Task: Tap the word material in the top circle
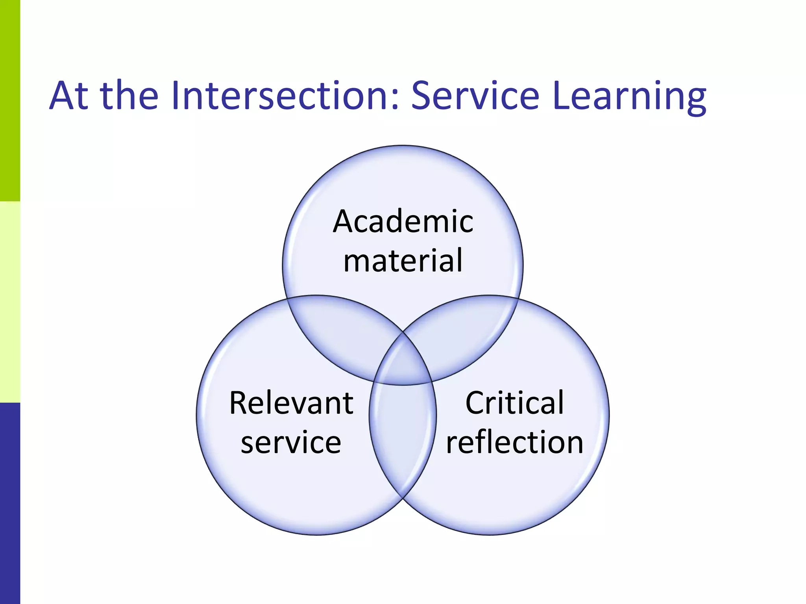coord(403,261)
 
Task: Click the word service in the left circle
coord(291,442)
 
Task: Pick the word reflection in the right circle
coord(514,442)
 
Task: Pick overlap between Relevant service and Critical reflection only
coord(403,436)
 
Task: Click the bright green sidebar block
coord(10,100)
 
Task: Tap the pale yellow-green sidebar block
coord(10,302)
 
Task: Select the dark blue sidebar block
coord(10,503)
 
